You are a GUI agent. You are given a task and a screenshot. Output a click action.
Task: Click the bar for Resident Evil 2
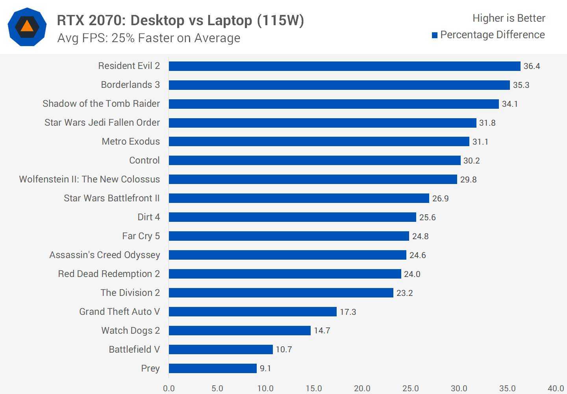tap(345, 66)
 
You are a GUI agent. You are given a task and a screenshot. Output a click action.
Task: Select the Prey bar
tap(213, 368)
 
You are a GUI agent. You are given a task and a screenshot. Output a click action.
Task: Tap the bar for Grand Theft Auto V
tap(253, 312)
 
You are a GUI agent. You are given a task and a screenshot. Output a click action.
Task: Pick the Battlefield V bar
tap(220, 349)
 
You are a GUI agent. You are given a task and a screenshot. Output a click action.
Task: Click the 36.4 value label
tap(532, 66)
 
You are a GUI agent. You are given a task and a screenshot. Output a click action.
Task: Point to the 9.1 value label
tap(265, 368)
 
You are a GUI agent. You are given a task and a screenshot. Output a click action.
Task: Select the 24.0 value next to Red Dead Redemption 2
tap(412, 274)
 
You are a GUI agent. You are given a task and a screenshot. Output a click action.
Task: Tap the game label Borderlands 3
tap(130, 85)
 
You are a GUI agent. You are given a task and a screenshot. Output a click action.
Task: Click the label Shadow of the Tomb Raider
tap(101, 104)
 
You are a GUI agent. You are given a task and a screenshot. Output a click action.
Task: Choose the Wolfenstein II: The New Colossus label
tap(89, 179)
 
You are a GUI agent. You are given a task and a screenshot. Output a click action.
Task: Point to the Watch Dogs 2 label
tap(130, 331)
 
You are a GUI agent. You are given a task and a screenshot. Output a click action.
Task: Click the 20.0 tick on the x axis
tap(362, 388)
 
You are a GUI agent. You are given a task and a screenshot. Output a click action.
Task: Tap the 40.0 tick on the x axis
tap(556, 388)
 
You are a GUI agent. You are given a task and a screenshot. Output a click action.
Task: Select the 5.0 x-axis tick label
tap(217, 388)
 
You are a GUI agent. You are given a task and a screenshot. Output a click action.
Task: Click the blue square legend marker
tap(435, 35)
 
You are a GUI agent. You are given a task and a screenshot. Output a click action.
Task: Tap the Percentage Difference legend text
tap(493, 35)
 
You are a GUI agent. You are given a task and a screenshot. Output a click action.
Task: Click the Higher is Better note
tap(509, 18)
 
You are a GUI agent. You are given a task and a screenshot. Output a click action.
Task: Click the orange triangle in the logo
tap(27, 26)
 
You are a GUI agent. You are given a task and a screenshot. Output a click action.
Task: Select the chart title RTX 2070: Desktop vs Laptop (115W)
tap(180, 20)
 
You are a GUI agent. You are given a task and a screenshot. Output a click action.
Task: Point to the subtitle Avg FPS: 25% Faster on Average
tap(149, 38)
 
